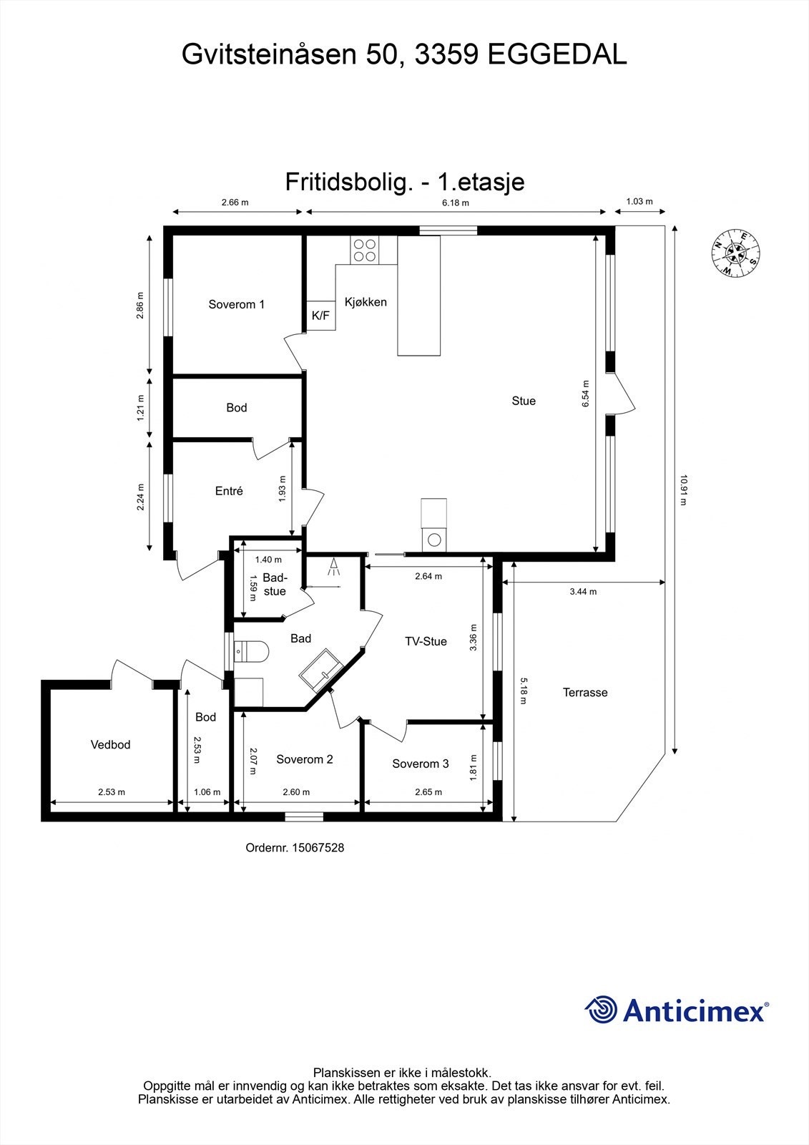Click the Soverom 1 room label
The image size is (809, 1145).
pos(236,304)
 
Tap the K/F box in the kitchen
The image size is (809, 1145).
pos(321,316)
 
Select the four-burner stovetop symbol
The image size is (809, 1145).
pos(364,250)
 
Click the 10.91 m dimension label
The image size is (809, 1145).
pos(684,490)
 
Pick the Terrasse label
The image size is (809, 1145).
pos(584,693)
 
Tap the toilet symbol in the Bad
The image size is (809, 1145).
pos(253,652)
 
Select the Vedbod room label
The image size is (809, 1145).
pos(110,745)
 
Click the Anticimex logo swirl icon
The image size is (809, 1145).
pos(602,1010)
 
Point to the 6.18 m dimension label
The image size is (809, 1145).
pos(455,203)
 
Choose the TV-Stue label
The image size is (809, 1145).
pos(426,641)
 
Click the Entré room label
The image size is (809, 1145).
pos(229,491)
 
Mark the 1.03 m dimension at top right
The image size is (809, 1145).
pos(639,202)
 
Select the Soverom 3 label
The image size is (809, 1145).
pos(420,764)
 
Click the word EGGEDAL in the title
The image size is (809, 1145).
pos(557,54)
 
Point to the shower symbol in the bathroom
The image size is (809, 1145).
pos(333,570)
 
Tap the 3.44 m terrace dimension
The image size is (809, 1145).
pos(583,592)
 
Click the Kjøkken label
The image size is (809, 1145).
pos(366,302)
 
